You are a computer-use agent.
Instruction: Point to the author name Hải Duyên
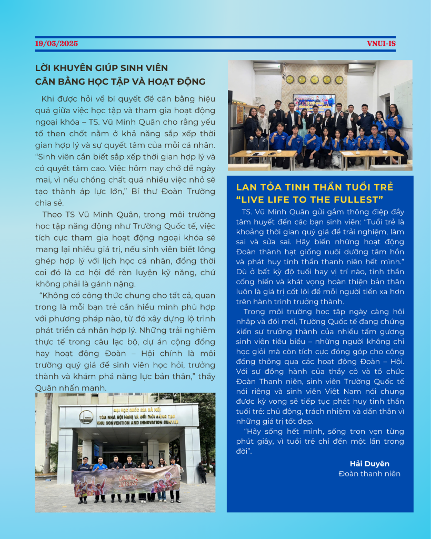tap(369, 463)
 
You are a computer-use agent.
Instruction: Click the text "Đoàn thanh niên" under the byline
tap(369, 473)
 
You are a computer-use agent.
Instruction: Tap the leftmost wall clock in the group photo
tap(289, 79)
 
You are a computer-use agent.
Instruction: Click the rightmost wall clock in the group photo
tap(339, 79)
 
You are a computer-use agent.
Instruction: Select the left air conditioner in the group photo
tap(267, 67)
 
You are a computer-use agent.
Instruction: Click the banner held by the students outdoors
tap(126, 480)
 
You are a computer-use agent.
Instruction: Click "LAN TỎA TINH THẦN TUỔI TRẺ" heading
tap(315, 187)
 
